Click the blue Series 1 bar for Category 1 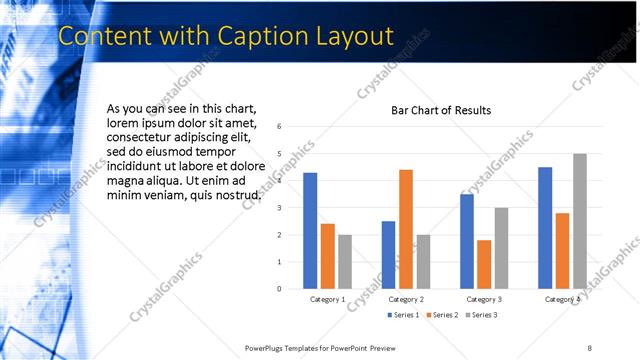[x=310, y=231]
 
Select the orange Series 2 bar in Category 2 [x=406, y=229]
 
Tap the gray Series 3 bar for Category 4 [x=580, y=221]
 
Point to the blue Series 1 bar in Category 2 [x=388, y=255]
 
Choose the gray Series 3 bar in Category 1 [x=345, y=262]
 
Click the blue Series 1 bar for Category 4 [x=545, y=228]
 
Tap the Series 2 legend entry [x=442, y=315]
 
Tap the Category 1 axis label [x=327, y=299]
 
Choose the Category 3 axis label [x=484, y=299]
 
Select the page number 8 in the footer [x=589, y=347]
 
